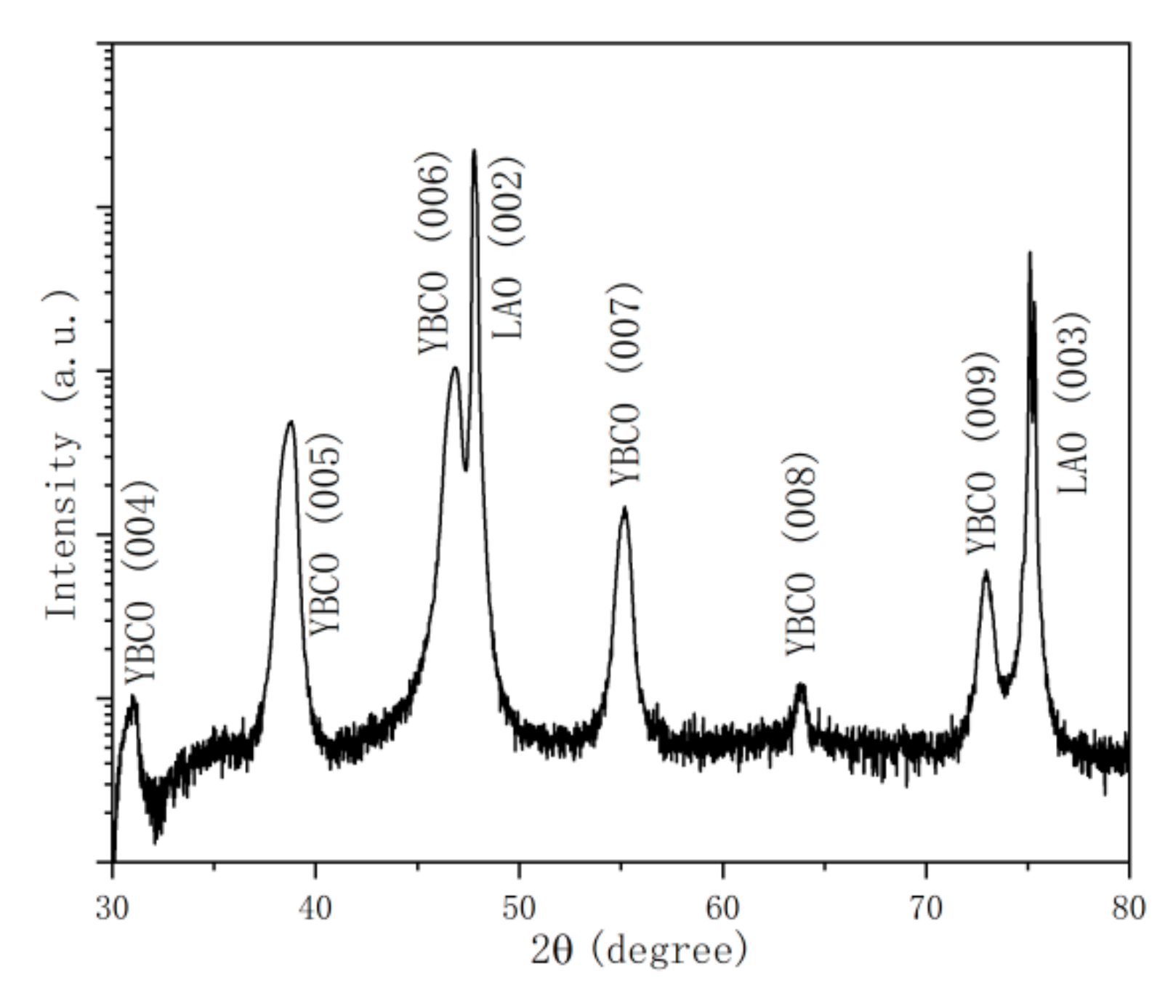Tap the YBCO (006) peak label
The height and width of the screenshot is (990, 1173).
pos(435,253)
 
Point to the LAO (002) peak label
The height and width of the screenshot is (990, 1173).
pos(508,248)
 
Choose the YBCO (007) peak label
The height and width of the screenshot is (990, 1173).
pos(625,385)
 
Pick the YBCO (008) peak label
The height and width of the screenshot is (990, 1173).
pos(801,554)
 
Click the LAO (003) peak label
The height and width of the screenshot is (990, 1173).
pos(1073,403)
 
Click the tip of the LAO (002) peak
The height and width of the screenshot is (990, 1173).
pos(474,150)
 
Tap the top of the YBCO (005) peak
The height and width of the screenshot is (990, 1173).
pos(291,421)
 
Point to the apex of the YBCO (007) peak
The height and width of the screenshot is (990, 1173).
pos(624,508)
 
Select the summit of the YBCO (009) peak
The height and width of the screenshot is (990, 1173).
pos(985,571)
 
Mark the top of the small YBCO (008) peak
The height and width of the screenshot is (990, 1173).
pos(801,685)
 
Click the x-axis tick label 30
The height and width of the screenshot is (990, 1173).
pos(112,908)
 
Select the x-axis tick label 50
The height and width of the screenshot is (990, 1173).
pos(518,908)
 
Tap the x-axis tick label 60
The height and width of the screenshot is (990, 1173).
pos(722,908)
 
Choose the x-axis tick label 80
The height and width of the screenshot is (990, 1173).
pos(1128,908)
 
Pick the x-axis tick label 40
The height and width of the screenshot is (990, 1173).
pos(315,908)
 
